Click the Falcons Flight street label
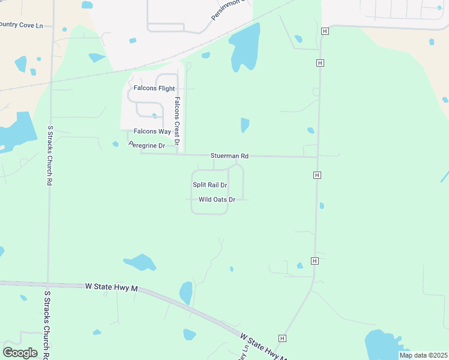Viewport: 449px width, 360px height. (154, 88)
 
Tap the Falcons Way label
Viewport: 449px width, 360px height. (152, 131)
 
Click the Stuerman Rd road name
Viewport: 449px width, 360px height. (229, 155)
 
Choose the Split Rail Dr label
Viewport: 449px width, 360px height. (210, 185)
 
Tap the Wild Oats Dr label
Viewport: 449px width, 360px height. (216, 199)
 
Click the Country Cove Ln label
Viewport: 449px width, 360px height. (22, 26)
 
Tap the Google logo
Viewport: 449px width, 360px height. (20, 353)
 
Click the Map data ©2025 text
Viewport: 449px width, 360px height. (423, 355)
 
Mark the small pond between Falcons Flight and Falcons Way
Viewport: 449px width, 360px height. (155, 116)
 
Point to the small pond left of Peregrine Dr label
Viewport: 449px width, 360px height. (115, 144)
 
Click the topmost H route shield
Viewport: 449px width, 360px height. (325, 31)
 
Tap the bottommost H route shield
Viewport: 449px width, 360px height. (282, 338)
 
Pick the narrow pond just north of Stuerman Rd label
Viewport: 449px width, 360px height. (245, 125)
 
